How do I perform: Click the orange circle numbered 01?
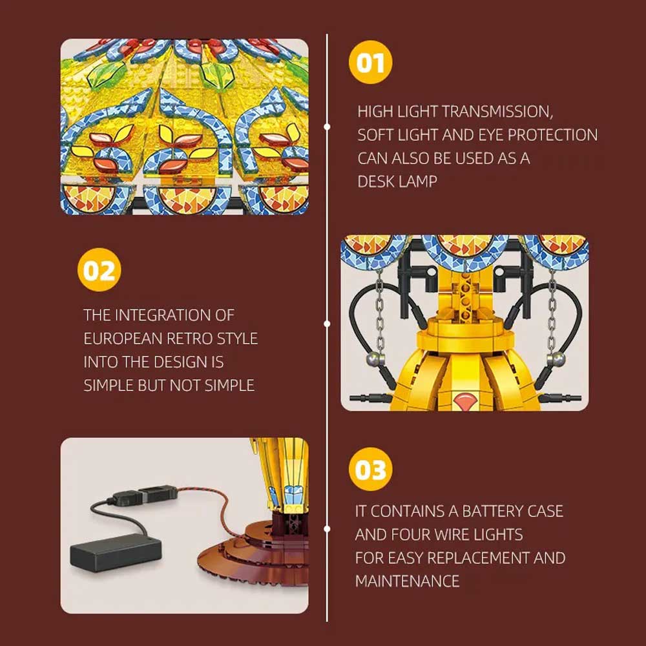coord(370,62)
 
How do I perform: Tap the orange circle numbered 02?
coord(99,270)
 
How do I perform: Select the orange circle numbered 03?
coord(370,469)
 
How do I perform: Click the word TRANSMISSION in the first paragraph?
coord(497,112)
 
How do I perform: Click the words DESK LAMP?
coord(397,182)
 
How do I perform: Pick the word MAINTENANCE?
coord(407,581)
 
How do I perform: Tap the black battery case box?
coord(116,552)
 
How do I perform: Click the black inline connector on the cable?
coord(145,495)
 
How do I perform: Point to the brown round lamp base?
coord(255,552)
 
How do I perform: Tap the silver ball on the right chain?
coord(556,360)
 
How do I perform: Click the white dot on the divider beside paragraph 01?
coord(327,127)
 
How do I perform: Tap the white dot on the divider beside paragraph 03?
coord(327,528)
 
